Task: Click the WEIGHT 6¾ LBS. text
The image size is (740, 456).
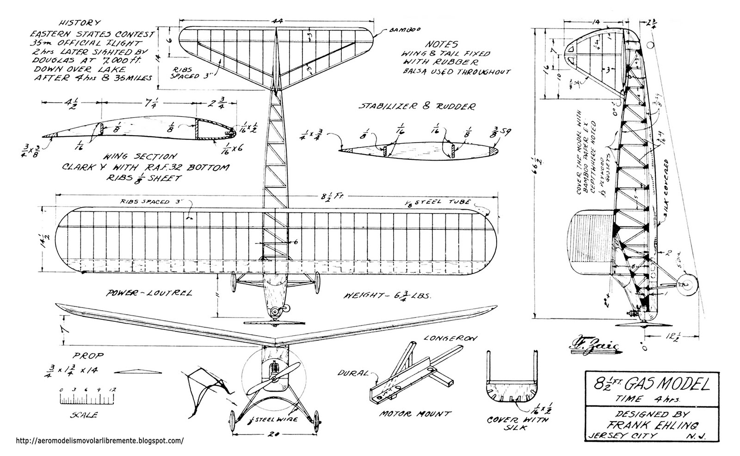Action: [x=388, y=296]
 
